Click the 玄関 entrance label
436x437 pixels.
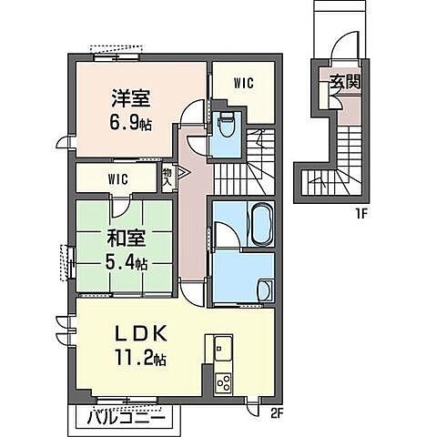click(342, 81)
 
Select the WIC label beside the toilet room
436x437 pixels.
click(243, 83)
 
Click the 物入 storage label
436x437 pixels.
click(168, 175)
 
